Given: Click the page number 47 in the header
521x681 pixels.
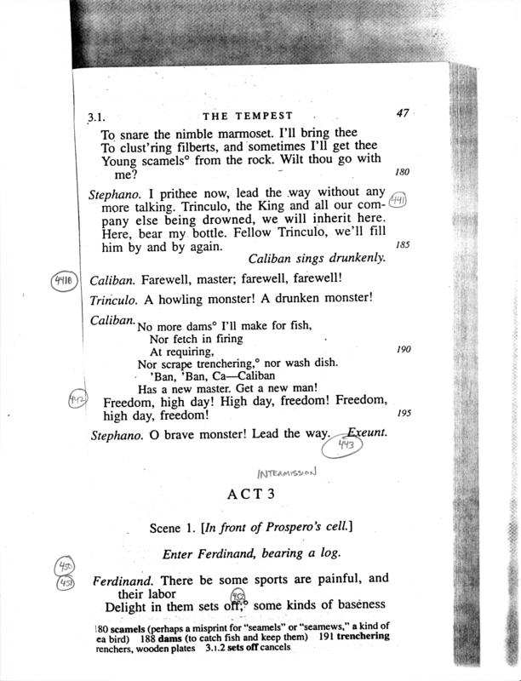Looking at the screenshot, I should click(403, 112).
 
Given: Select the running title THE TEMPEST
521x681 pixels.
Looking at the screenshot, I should click(249, 116).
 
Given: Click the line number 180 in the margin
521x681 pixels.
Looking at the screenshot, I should click(403, 171).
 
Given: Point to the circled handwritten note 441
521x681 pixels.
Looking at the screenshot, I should click(398, 202).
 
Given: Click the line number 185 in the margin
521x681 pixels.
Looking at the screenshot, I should click(403, 244).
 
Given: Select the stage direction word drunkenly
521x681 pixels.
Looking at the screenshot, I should click(352, 257).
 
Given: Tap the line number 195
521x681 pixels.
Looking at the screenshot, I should click(403, 414).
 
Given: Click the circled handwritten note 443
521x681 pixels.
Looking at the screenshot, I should click(345, 444).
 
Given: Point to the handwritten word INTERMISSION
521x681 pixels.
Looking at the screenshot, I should click(286, 471).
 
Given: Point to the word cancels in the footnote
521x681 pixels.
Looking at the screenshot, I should click(272, 648).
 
